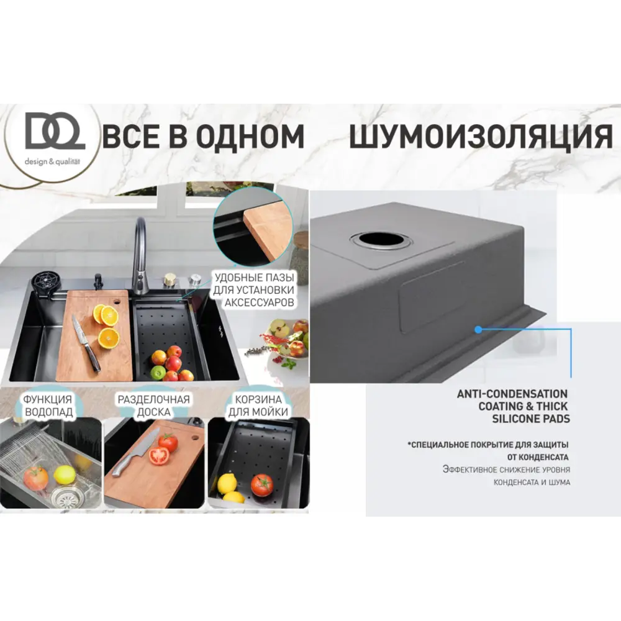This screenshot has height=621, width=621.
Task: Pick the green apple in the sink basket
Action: pos(158,373)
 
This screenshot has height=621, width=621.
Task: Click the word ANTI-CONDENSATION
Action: pos(512,394)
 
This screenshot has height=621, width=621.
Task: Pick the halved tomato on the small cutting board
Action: pos(159,456)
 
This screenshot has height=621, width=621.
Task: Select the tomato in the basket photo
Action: pos(261,484)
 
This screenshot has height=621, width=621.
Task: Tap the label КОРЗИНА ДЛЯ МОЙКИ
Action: pos(258,405)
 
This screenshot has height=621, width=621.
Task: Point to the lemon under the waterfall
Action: pos(65,474)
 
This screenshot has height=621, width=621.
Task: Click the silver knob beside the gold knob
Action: pos(194,280)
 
